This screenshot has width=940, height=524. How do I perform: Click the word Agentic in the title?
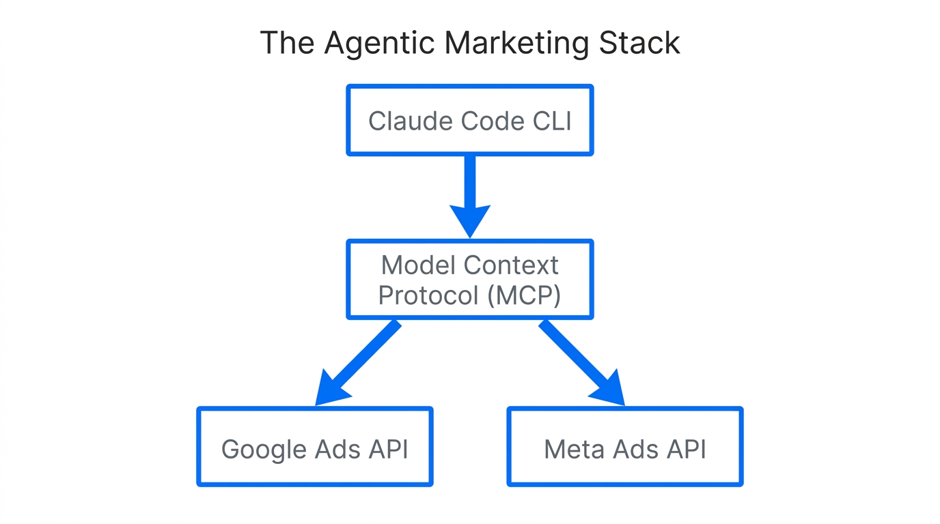[x=380, y=44]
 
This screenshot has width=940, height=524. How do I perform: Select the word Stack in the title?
[x=639, y=44]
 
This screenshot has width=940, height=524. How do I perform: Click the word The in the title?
[x=286, y=44]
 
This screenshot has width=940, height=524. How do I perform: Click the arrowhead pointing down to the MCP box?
[x=470, y=220]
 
